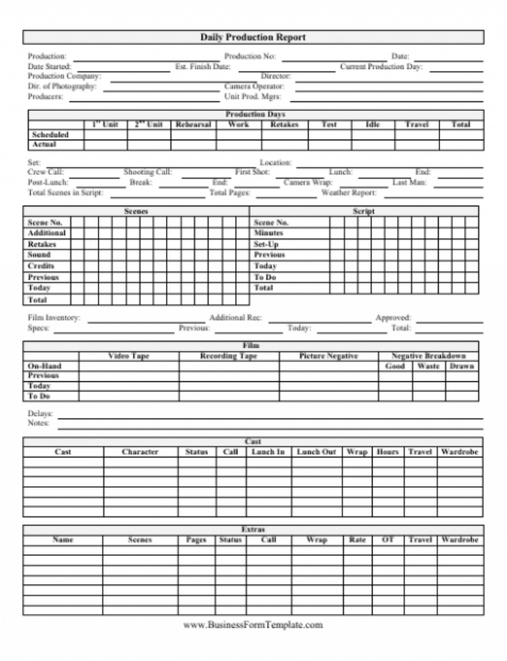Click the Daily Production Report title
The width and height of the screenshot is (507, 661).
[253, 37]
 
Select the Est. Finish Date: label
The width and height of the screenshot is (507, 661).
[203, 66]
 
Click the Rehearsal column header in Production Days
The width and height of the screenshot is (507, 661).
[193, 125]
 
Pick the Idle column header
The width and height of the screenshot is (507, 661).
[373, 125]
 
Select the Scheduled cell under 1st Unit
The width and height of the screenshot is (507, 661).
[105, 135]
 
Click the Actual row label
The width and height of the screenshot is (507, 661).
[44, 145]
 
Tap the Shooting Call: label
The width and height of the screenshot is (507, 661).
[148, 172]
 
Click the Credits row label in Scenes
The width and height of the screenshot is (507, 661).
[41, 266]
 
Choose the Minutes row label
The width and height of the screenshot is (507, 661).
[268, 233]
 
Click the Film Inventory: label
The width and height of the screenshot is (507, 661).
[54, 318]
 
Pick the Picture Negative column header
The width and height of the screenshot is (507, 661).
[328, 356]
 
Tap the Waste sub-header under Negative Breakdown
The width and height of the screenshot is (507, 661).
[428, 366]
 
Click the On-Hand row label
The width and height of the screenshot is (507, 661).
[44, 366]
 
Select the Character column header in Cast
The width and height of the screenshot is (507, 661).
[140, 452]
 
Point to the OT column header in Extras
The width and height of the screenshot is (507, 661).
[388, 540]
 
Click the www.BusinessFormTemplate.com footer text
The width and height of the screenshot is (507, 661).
[253, 625]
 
